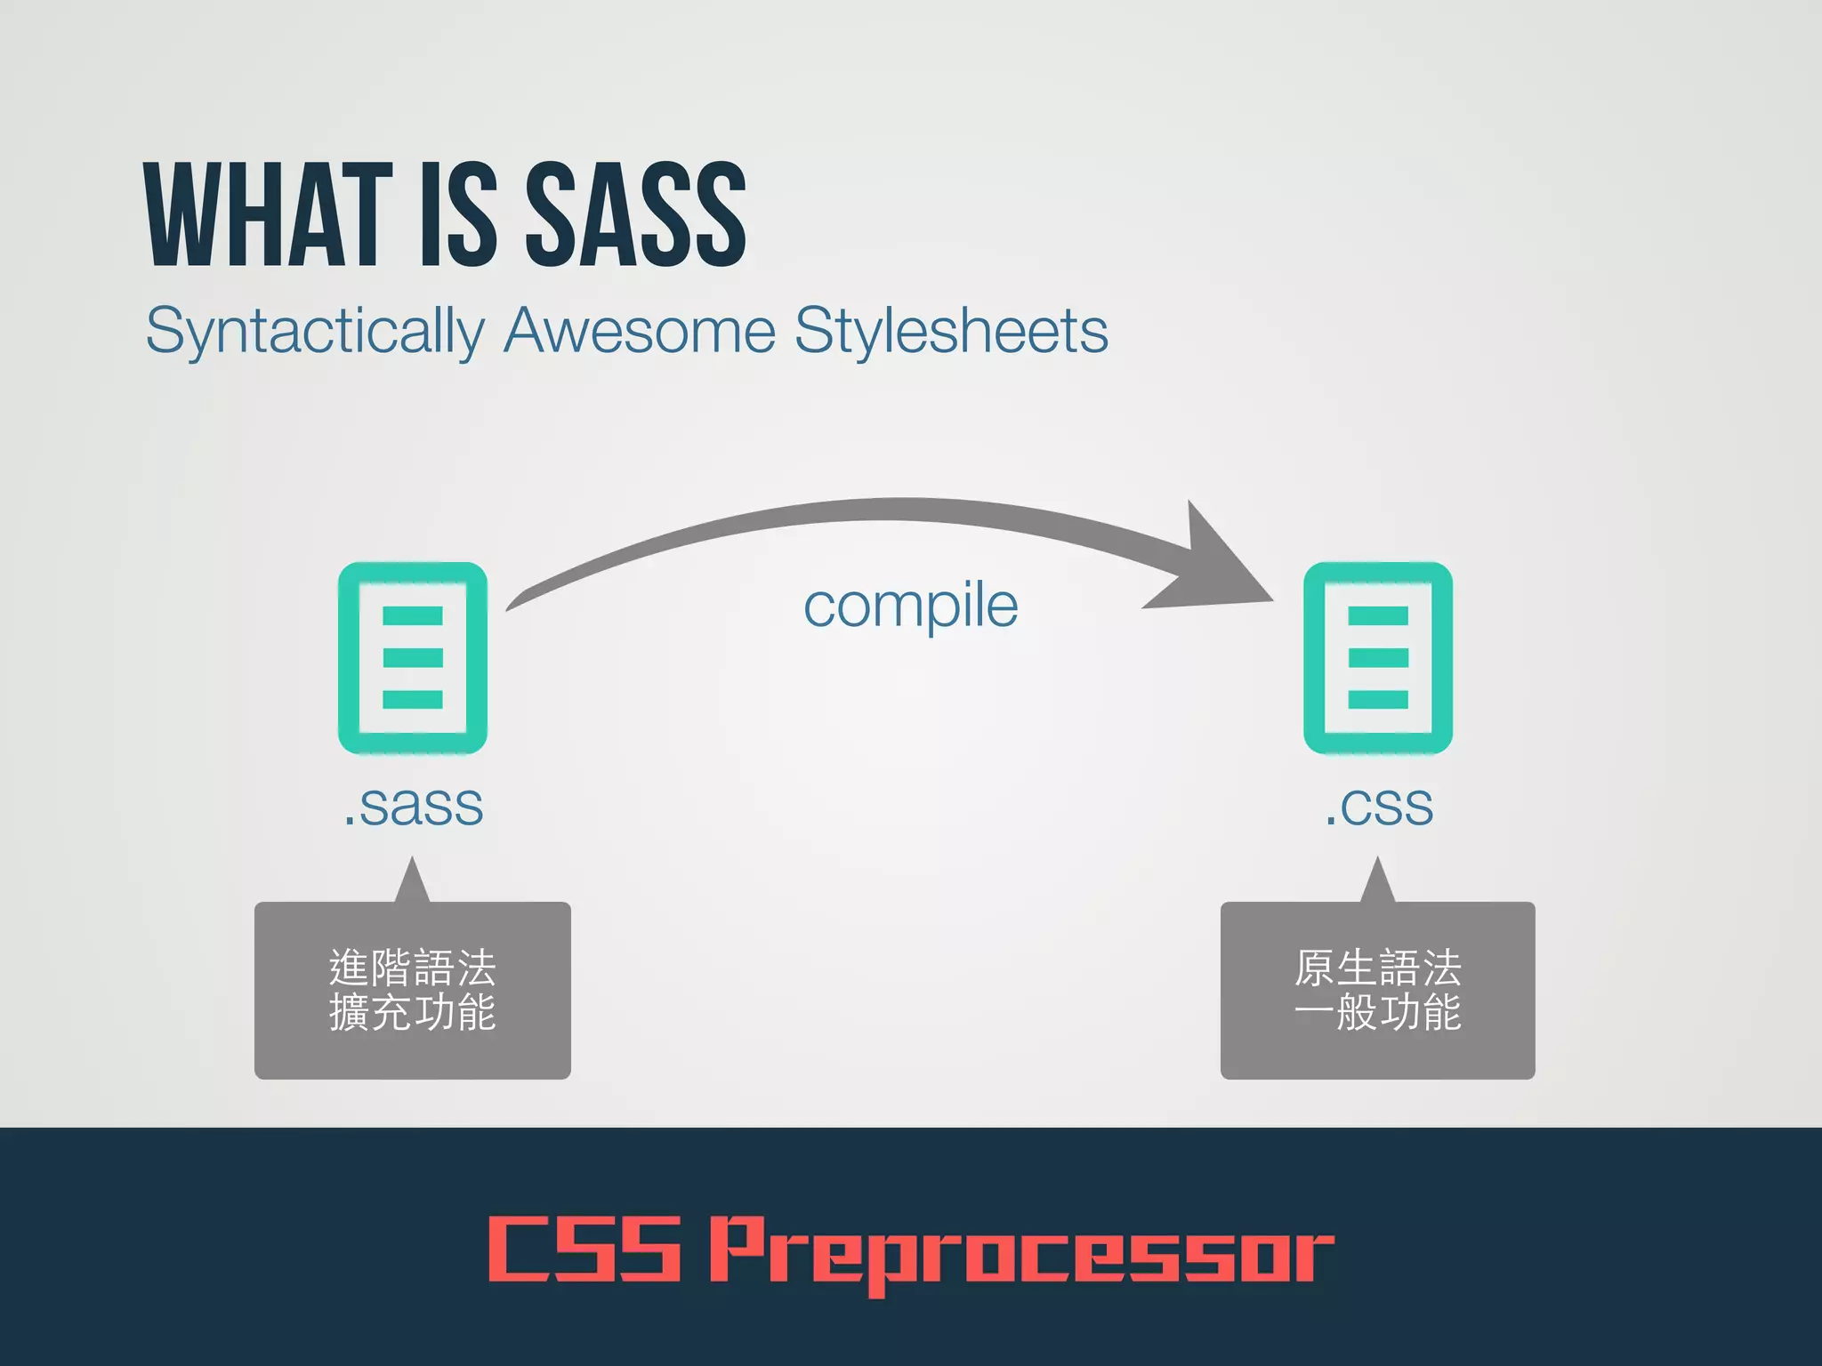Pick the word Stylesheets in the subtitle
click(x=951, y=330)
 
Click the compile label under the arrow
click(x=910, y=607)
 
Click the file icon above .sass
click(x=413, y=658)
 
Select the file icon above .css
click(x=1378, y=658)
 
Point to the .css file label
click(x=1378, y=806)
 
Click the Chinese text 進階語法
click(x=413, y=968)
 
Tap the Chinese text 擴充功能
click(x=413, y=1012)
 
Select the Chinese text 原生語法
click(x=1378, y=968)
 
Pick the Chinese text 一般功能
click(x=1378, y=1012)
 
